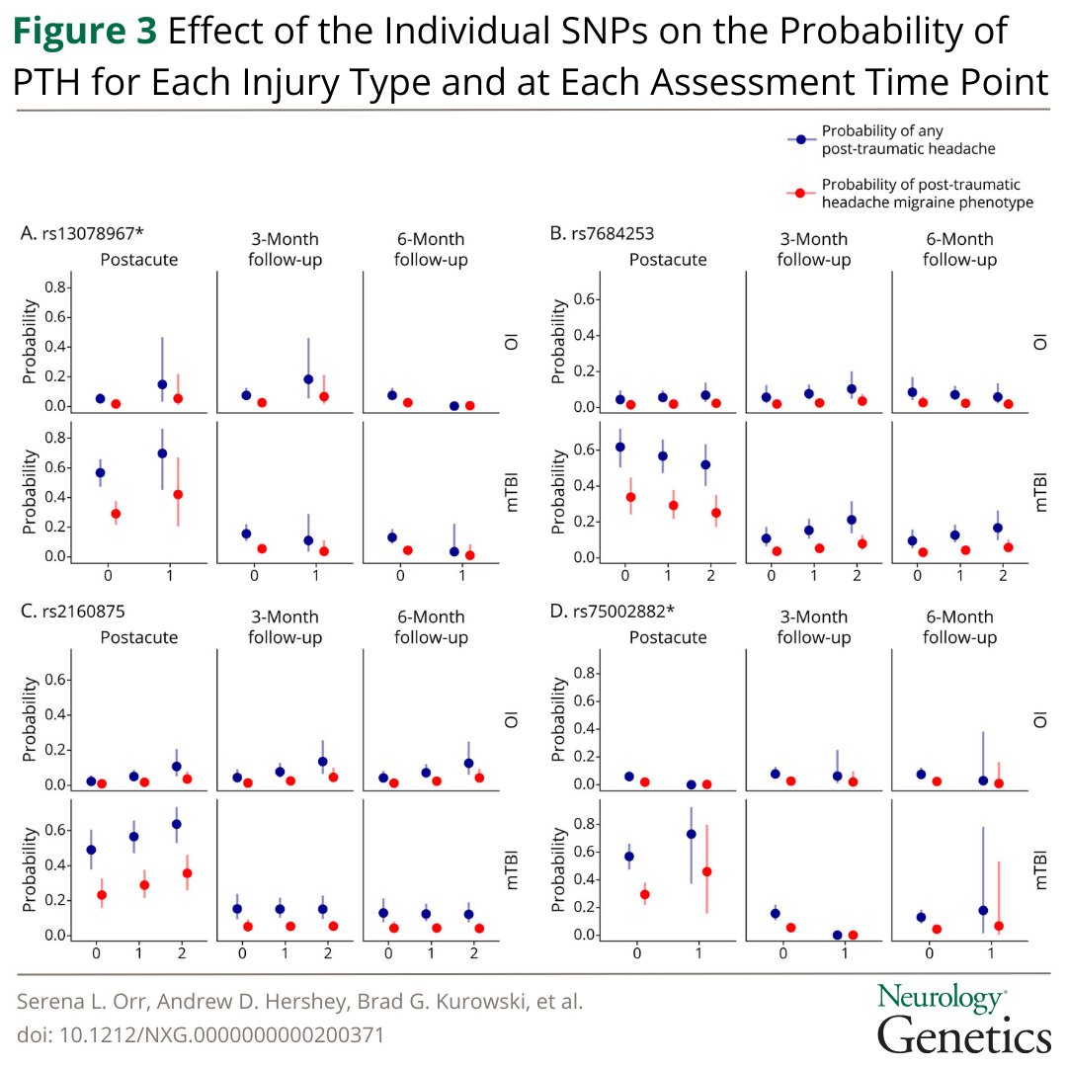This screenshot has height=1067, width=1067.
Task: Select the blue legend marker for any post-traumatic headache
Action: tap(803, 139)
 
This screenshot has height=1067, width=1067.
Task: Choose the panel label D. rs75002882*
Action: tap(613, 611)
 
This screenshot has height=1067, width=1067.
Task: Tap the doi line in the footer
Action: tap(201, 1035)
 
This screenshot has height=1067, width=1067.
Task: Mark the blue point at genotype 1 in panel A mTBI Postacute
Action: tap(162, 453)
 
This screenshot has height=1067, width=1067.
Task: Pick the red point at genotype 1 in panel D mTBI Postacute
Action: tap(706, 871)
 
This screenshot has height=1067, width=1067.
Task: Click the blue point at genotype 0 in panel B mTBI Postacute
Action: tap(620, 447)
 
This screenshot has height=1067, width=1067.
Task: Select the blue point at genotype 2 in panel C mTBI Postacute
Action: tap(177, 824)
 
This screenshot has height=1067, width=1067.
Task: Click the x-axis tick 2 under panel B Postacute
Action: tap(710, 575)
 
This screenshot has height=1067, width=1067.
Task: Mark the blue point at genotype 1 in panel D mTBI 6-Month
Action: tap(983, 910)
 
